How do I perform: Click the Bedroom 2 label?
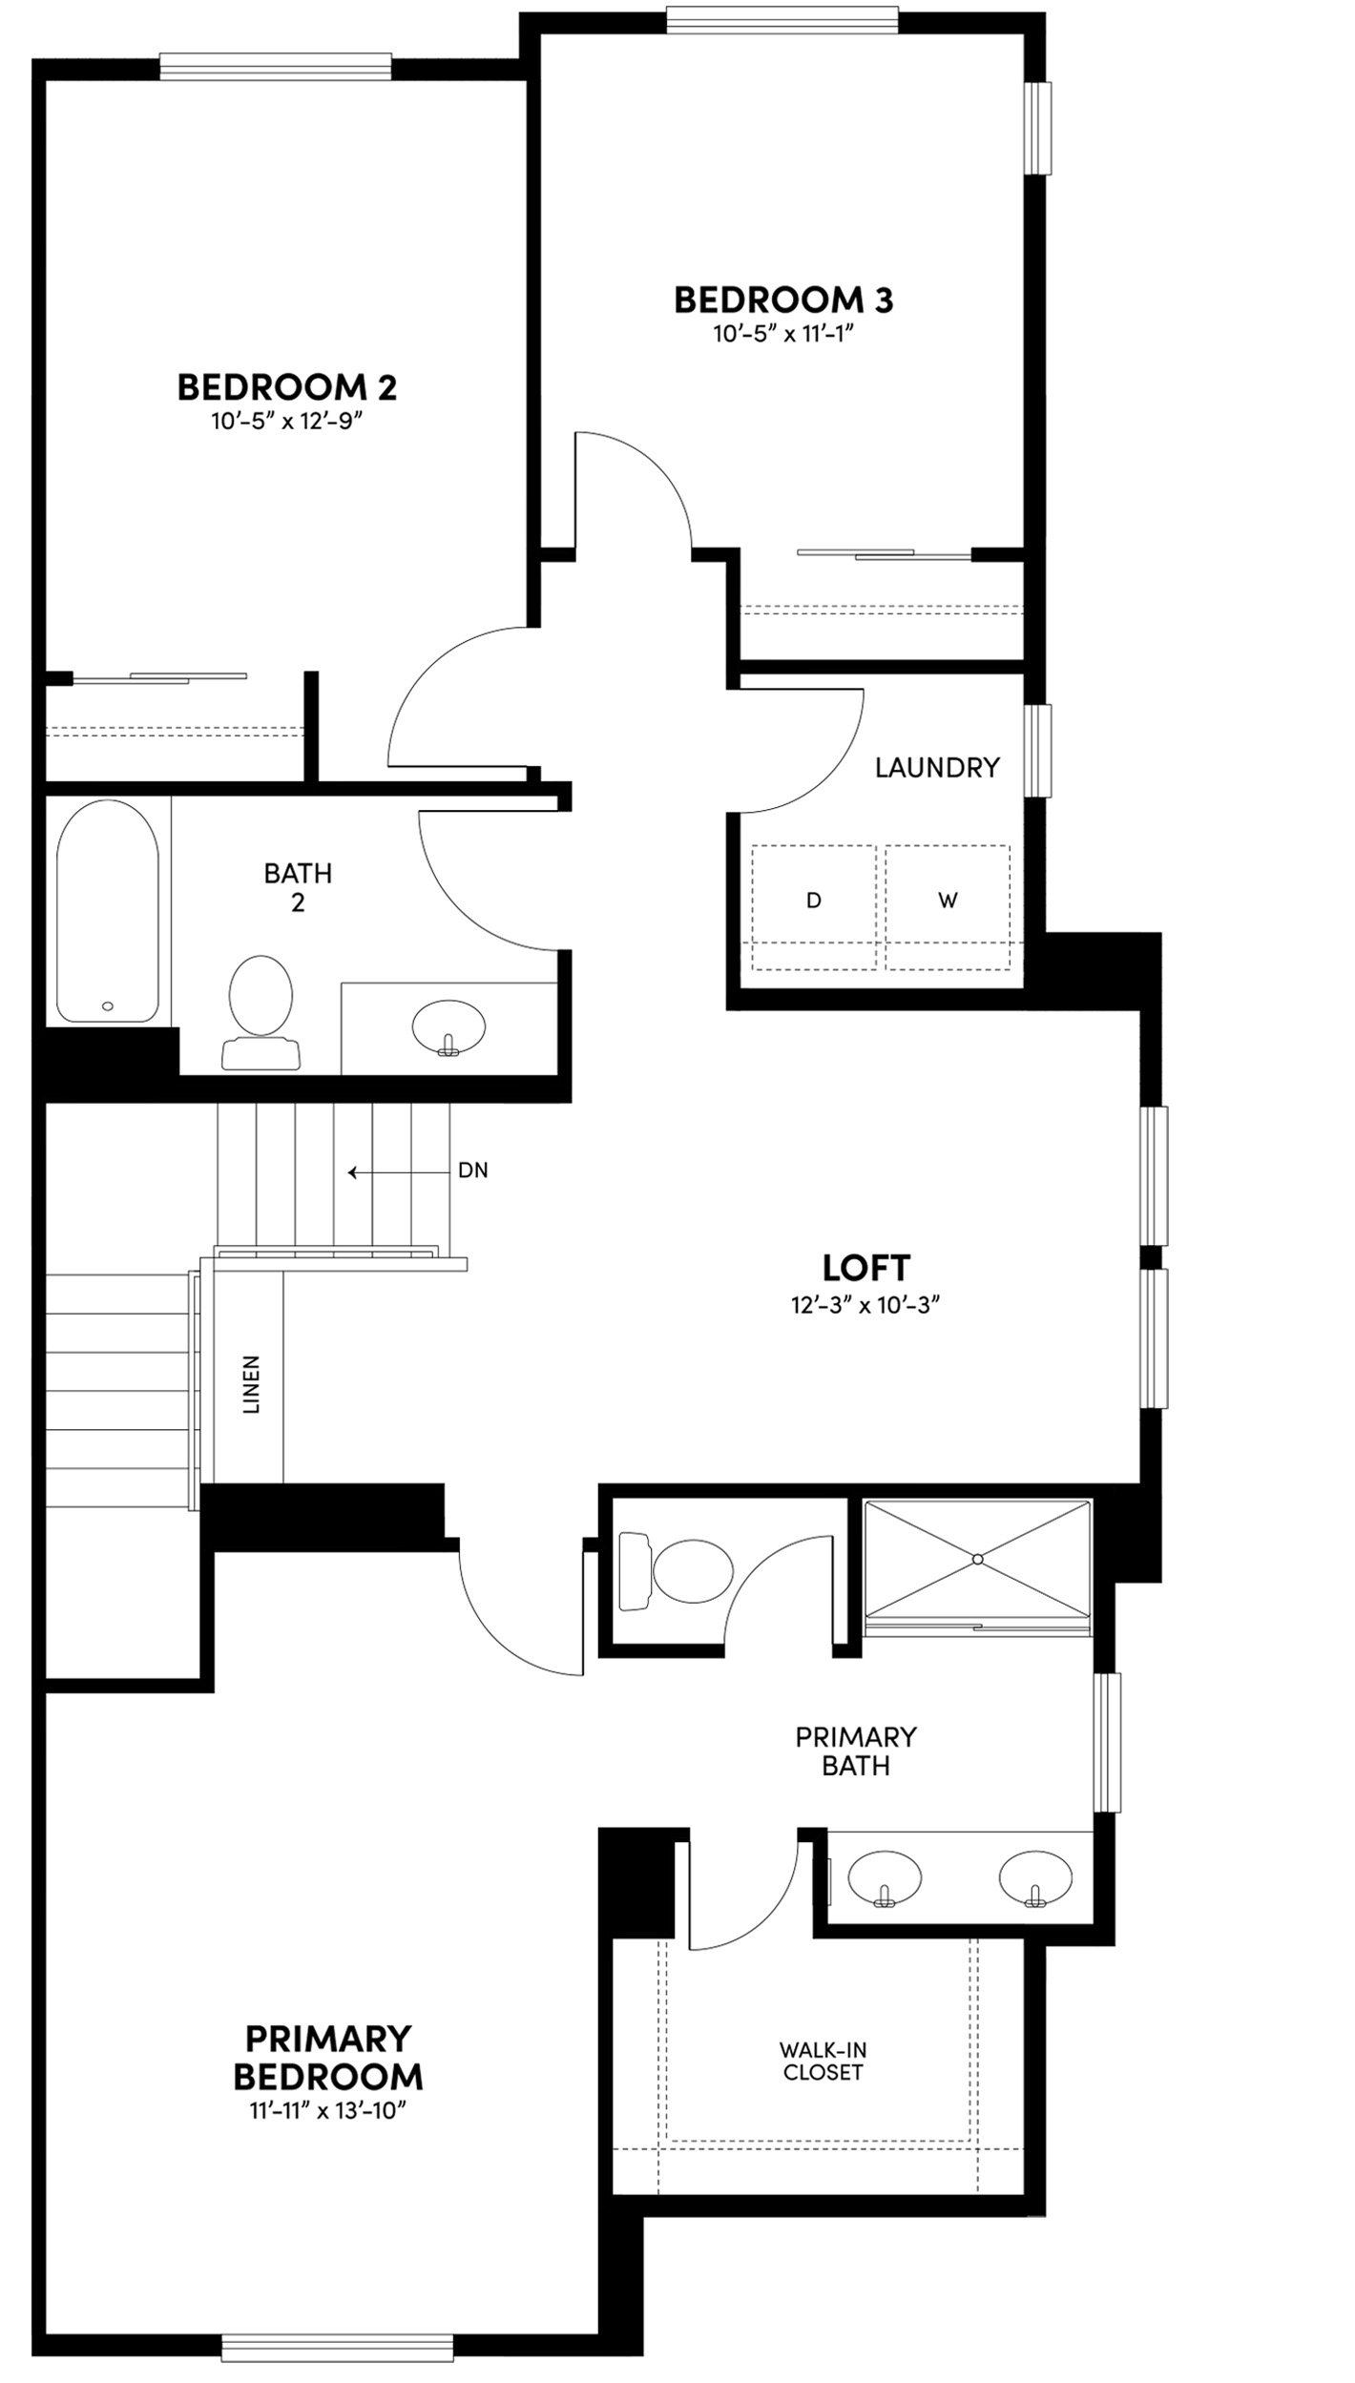[x=287, y=386]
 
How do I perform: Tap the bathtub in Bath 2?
[x=108, y=911]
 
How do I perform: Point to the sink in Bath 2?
[x=448, y=1028]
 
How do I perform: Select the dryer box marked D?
[x=813, y=901]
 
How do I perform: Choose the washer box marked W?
[x=948, y=901]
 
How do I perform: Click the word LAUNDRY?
[x=937, y=767]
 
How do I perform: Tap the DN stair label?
[x=473, y=1171]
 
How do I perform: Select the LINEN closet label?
[x=251, y=1383]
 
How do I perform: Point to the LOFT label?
[x=865, y=1268]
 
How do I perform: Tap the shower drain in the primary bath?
[x=977, y=1559]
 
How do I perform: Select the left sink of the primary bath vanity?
[x=885, y=1877]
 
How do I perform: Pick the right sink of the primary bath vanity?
[x=1035, y=1877]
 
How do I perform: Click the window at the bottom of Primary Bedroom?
[x=337, y=2348]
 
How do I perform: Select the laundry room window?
[x=1037, y=750]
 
